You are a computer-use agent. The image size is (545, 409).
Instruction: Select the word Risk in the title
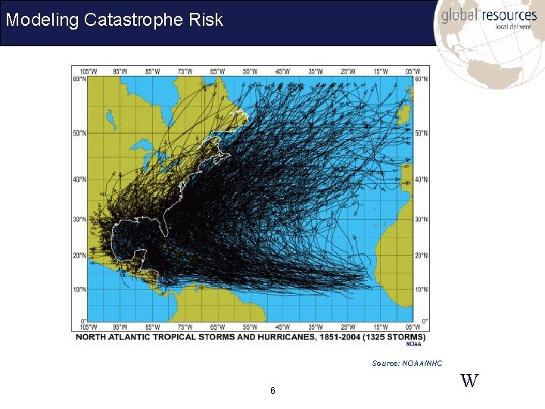tap(207, 20)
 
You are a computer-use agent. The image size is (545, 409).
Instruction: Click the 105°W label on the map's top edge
tap(88, 71)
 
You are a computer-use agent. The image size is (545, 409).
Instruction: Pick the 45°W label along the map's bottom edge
tap(282, 327)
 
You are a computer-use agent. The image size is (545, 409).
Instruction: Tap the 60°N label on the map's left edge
tap(79, 79)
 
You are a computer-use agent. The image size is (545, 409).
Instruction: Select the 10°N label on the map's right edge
tap(422, 289)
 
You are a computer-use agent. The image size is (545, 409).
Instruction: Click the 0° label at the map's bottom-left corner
tap(84, 321)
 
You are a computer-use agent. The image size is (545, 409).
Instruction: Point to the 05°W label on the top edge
tap(413, 71)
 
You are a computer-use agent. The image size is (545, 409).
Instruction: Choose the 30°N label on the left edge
tap(79, 220)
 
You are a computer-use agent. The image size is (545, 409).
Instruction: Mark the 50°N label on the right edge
tap(422, 133)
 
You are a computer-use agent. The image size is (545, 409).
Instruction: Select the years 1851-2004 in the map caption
tap(336, 336)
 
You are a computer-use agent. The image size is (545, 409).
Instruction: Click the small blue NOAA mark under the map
tap(413, 344)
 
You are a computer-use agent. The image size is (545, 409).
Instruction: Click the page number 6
tap(272, 391)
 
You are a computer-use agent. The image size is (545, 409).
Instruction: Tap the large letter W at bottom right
tap(469, 381)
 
